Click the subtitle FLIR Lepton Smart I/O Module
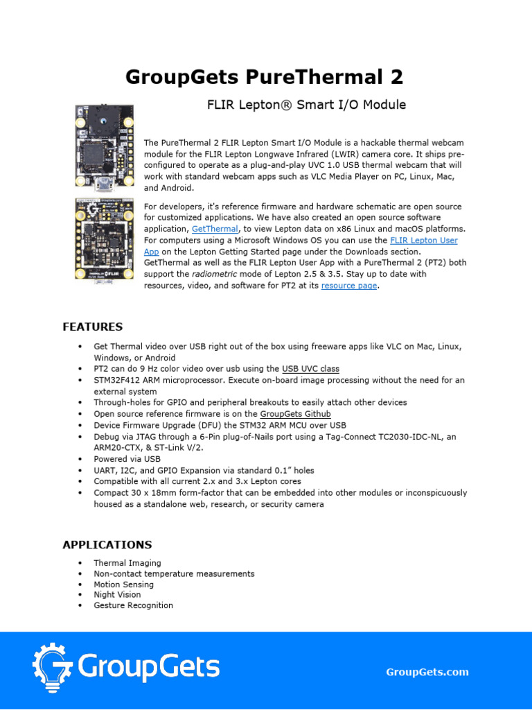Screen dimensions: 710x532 (307, 105)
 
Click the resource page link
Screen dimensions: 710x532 (349, 286)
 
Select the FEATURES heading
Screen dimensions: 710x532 (93, 327)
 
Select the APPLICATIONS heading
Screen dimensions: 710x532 (107, 544)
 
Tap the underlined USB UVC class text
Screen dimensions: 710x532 (311, 369)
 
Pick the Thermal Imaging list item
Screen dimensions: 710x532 (127, 563)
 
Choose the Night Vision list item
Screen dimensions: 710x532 (117, 594)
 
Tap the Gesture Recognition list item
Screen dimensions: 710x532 (133, 605)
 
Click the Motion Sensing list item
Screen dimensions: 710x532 (123, 584)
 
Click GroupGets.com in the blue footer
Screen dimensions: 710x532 (427, 672)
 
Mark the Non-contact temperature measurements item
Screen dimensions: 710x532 (174, 573)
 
